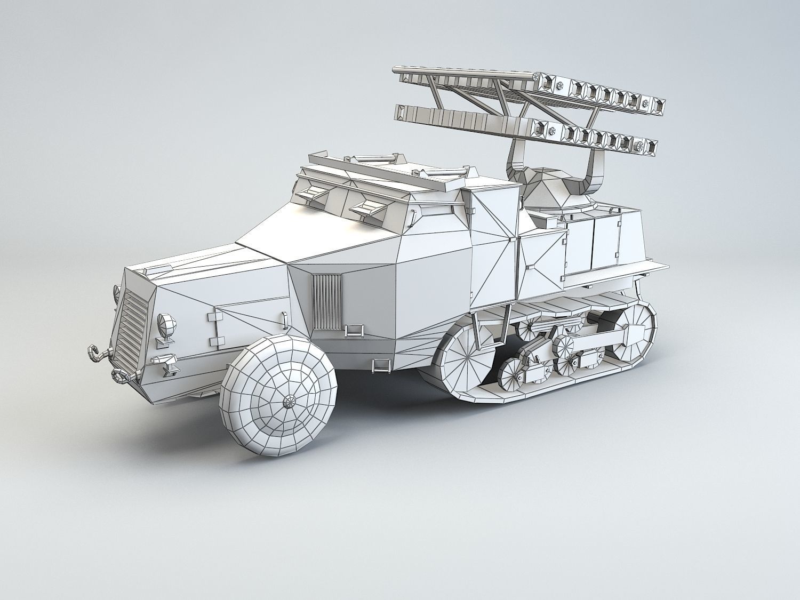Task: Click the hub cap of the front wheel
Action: pyautogui.click(x=291, y=401)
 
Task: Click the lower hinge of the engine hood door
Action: pyautogui.click(x=214, y=341)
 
